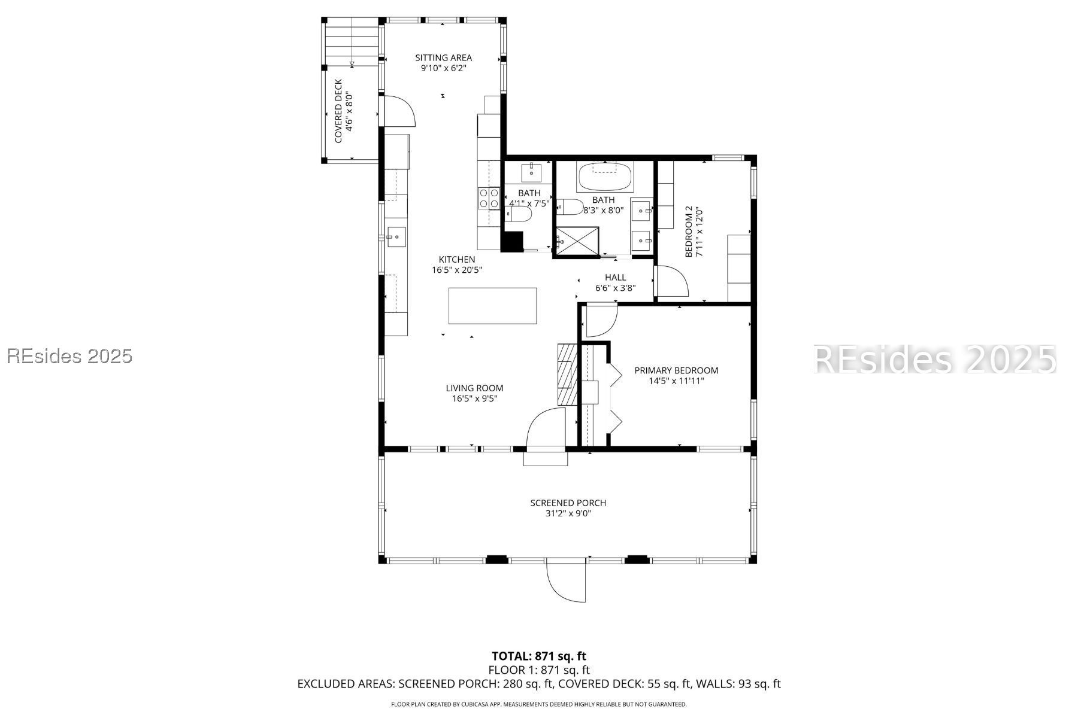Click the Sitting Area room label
pyautogui.click(x=444, y=63)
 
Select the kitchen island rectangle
pyautogui.click(x=492, y=306)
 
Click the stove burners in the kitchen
pyautogui.click(x=489, y=198)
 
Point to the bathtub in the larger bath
pyautogui.click(x=604, y=175)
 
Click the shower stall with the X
pyautogui.click(x=577, y=242)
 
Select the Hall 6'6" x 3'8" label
pyautogui.click(x=615, y=282)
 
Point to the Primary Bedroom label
pyautogui.click(x=676, y=375)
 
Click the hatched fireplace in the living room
pyautogui.click(x=567, y=375)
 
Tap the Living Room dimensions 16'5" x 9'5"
pyautogui.click(x=474, y=398)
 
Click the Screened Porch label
pyautogui.click(x=568, y=508)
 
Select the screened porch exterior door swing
pyautogui.click(x=567, y=582)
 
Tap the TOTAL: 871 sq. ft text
pyautogui.click(x=538, y=656)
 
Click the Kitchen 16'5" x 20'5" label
pyautogui.click(x=457, y=264)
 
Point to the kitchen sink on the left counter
pyautogui.click(x=396, y=237)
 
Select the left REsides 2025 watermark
pyautogui.click(x=69, y=356)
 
